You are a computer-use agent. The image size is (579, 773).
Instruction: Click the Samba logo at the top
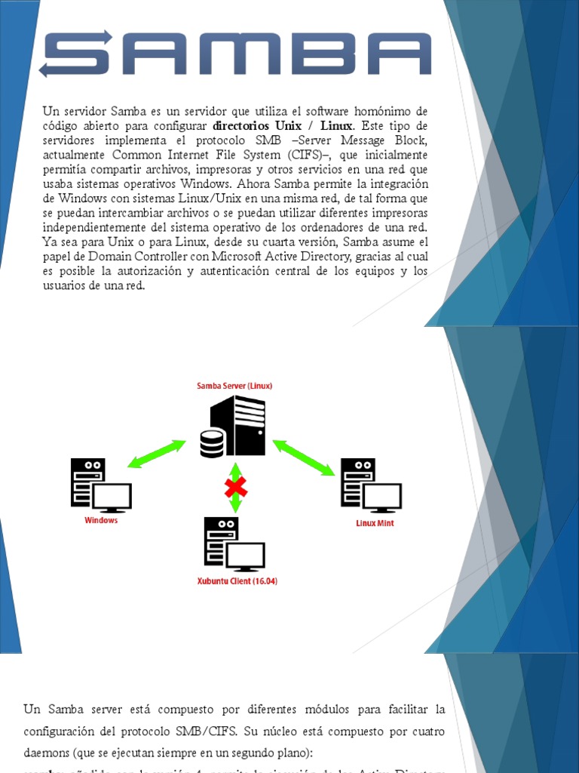[x=235, y=54]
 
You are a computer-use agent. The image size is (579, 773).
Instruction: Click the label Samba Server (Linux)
[x=234, y=386]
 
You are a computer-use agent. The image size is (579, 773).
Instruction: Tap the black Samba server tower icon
[x=237, y=427]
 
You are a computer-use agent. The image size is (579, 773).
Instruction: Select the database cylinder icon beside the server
[x=212, y=443]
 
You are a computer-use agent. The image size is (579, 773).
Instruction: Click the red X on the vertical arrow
[x=235, y=487]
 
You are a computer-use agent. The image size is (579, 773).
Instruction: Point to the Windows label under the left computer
[x=101, y=520]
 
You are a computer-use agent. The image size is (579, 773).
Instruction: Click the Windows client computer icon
[x=100, y=485]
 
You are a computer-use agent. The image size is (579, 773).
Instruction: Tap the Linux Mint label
[x=375, y=522]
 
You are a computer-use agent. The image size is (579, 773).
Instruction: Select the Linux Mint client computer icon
[x=370, y=485]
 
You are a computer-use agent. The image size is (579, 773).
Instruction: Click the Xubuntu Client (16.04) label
[x=237, y=581]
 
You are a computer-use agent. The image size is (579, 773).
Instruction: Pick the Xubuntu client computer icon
[x=234, y=545]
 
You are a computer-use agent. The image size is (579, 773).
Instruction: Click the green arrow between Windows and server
[x=156, y=454]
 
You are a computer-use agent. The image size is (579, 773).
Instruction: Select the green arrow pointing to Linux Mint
[x=304, y=457]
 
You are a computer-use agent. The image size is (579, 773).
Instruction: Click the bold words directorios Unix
[x=257, y=125]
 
